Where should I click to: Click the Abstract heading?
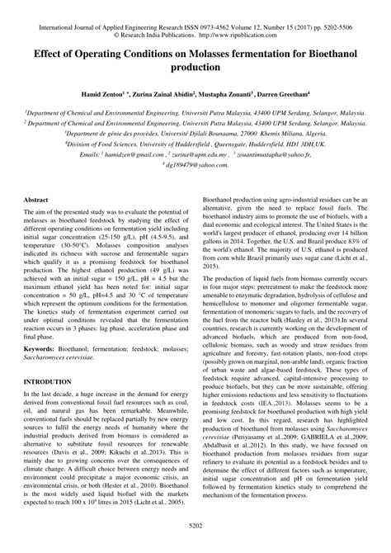coord(40,201)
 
